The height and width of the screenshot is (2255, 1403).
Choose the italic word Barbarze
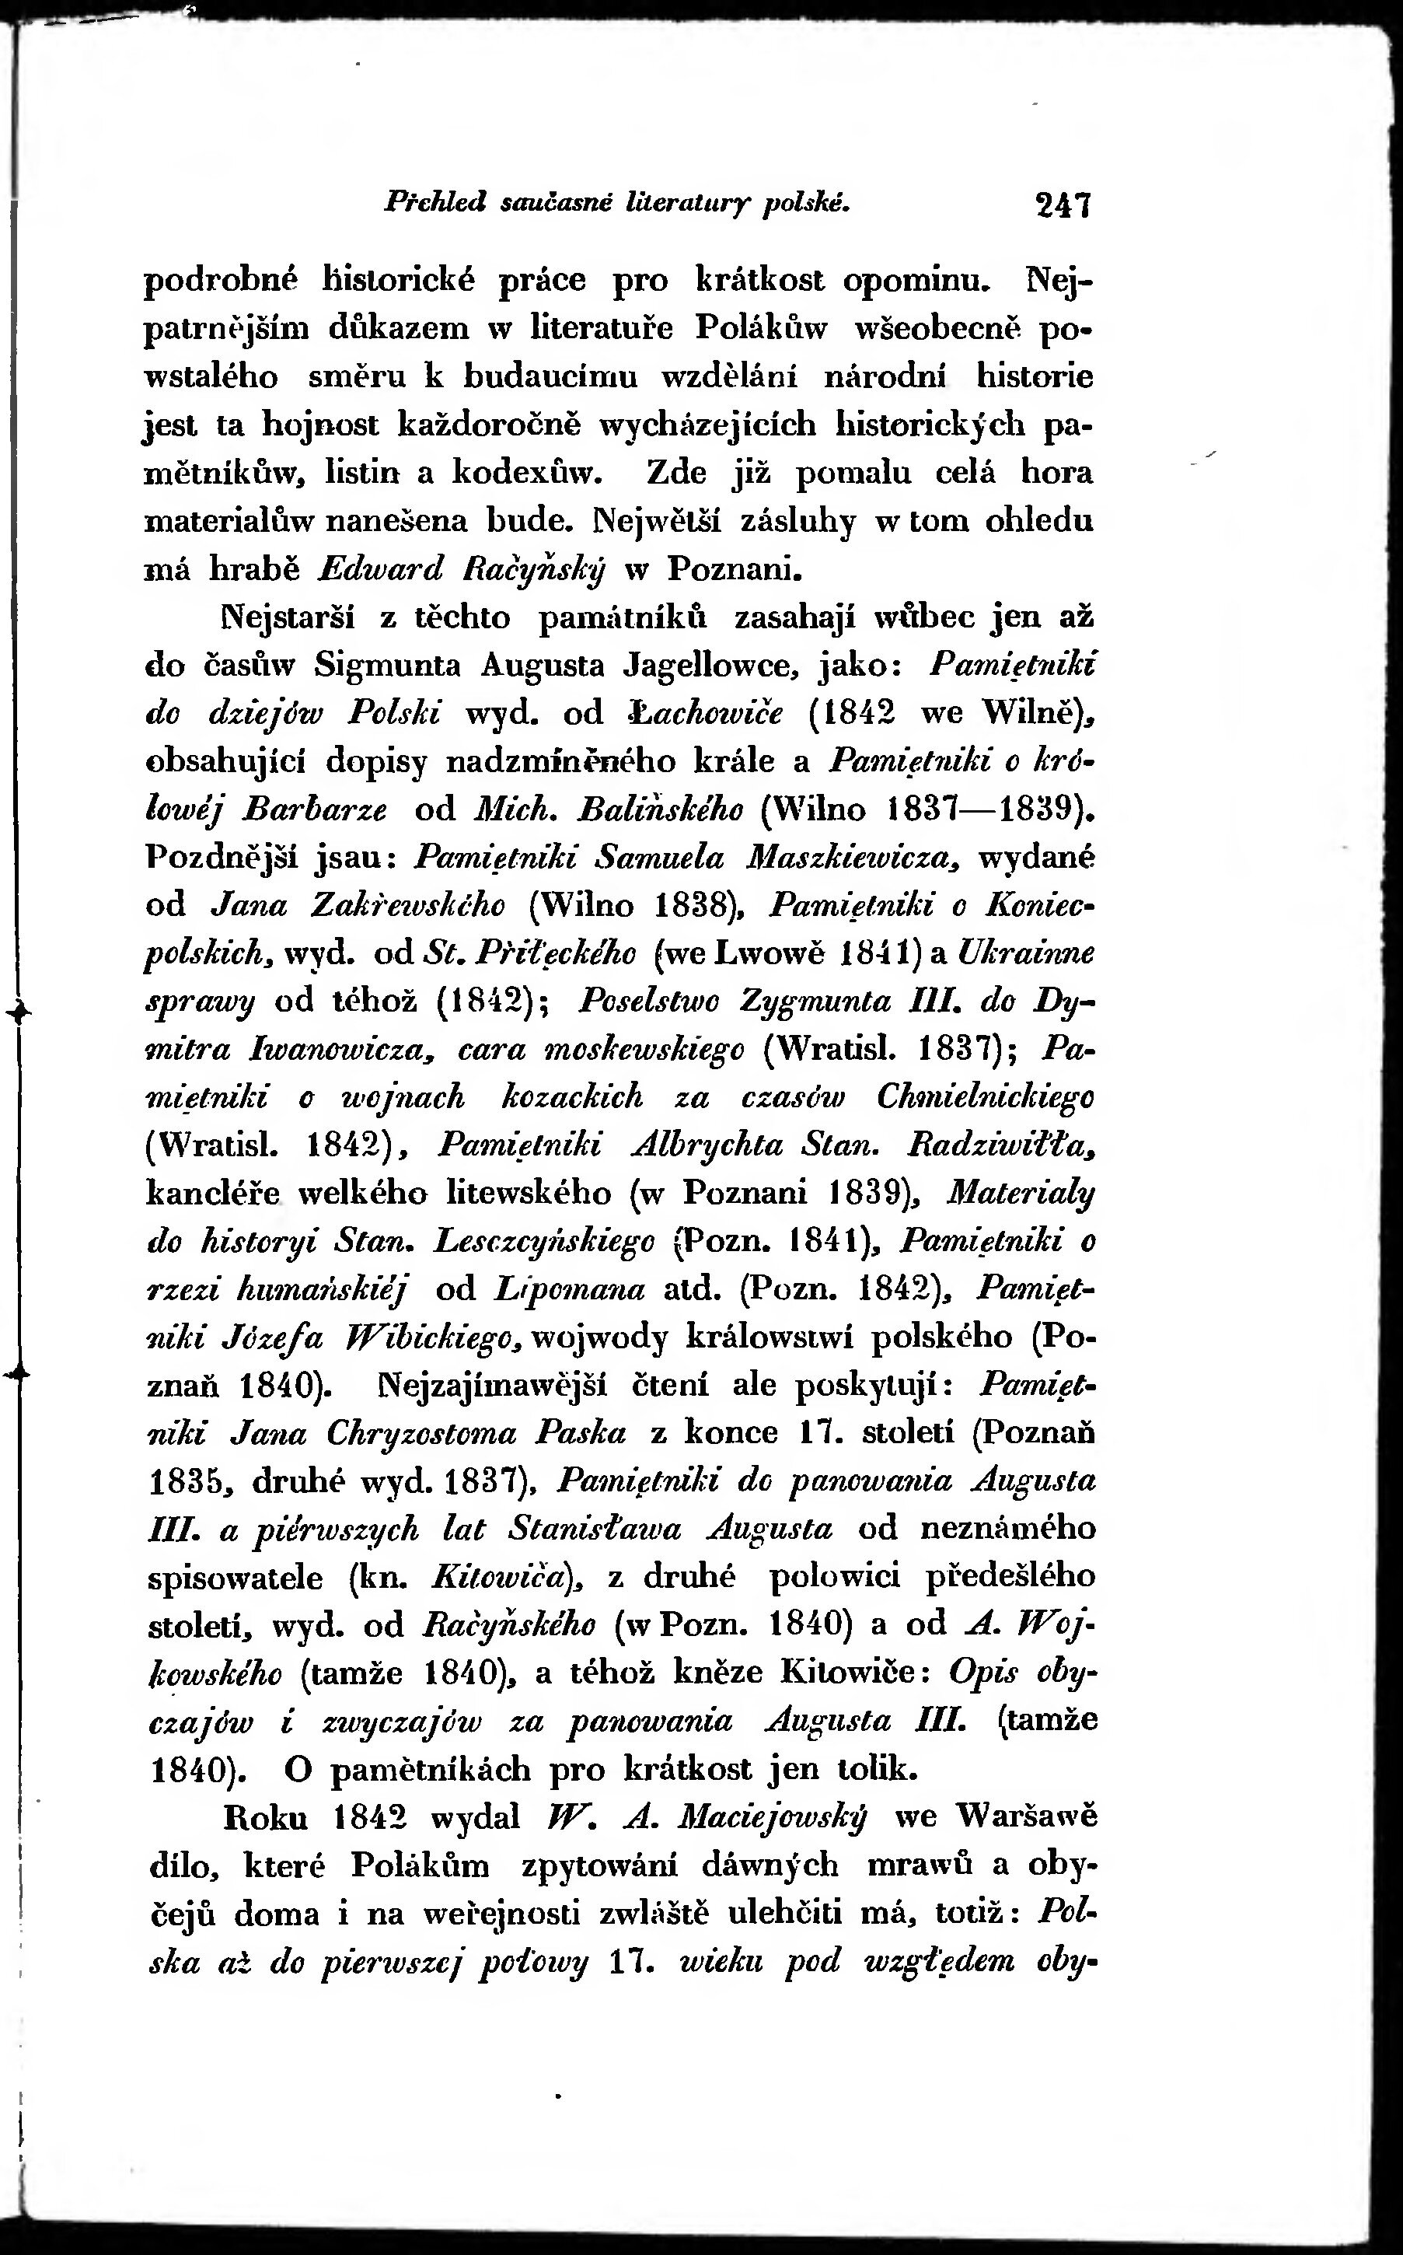pos(315,809)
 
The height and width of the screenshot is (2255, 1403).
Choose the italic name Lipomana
pos(571,1289)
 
